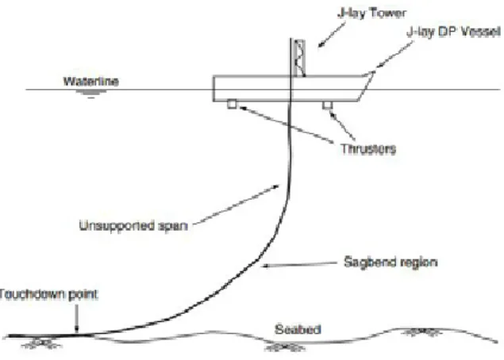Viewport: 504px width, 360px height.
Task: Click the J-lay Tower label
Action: pyautogui.click(x=371, y=13)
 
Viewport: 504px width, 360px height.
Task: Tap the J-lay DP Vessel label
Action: pyautogui.click(x=453, y=32)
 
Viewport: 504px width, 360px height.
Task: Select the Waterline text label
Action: pyautogui.click(x=91, y=81)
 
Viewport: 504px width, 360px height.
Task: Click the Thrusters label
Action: pyautogui.click(x=368, y=149)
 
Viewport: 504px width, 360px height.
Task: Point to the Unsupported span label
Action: pyautogui.click(x=133, y=226)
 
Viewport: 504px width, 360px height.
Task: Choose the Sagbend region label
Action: pyautogui.click(x=391, y=262)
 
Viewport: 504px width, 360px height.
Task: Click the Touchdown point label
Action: pyautogui.click(x=48, y=294)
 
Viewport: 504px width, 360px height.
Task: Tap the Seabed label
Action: pyautogui.click(x=298, y=330)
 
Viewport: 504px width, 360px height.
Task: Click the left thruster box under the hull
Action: pyautogui.click(x=232, y=104)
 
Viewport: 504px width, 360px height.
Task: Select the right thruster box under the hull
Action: pyautogui.click(x=327, y=105)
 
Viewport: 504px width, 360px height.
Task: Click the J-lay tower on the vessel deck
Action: pyautogui.click(x=299, y=58)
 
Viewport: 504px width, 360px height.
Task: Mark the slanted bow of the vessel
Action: pyautogui.click(x=367, y=86)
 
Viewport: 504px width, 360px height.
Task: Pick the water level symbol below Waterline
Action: pyautogui.click(x=91, y=94)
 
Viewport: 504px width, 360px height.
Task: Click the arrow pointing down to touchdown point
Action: pyautogui.click(x=76, y=318)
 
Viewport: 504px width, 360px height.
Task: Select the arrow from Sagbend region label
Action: pyautogui.click(x=299, y=264)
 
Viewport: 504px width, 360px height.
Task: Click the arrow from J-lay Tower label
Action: pyautogui.click(x=332, y=35)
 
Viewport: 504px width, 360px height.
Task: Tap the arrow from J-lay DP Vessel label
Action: pyautogui.click(x=394, y=55)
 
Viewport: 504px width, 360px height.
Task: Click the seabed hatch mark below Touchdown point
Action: pyautogui.click(x=41, y=343)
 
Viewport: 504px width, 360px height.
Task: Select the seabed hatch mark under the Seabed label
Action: pyautogui.click(x=284, y=347)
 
